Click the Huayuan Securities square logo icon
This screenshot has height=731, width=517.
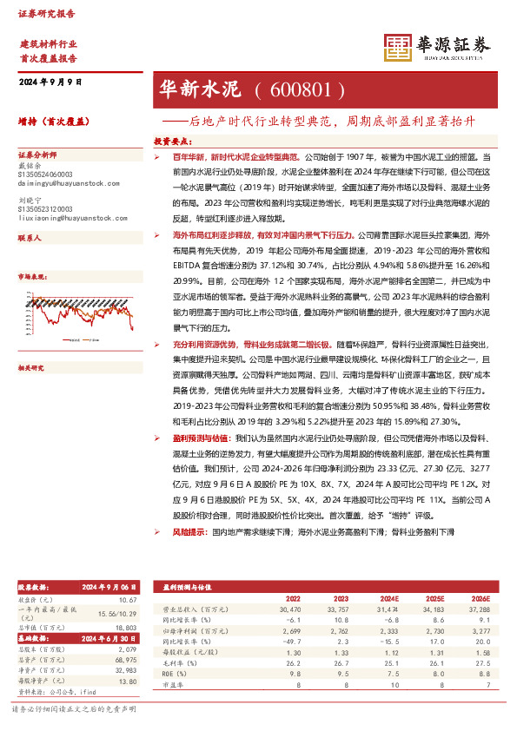(x=398, y=48)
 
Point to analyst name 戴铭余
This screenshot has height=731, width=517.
(x=29, y=161)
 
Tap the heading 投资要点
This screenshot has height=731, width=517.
(x=172, y=140)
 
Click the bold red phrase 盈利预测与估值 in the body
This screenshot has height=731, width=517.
(x=202, y=438)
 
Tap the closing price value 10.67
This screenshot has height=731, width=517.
(x=128, y=600)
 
